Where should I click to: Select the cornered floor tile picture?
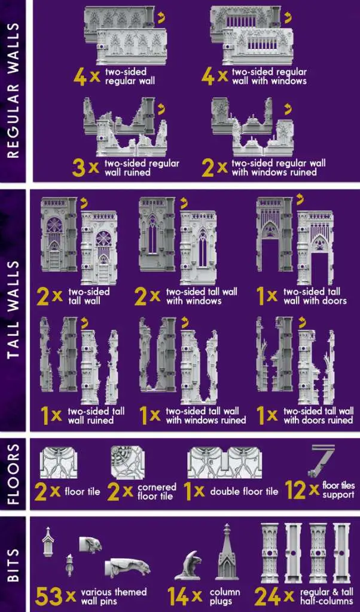point(127,463)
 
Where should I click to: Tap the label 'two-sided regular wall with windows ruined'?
point(279,167)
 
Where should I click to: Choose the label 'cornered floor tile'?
point(157,491)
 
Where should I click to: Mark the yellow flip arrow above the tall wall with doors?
point(301,200)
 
